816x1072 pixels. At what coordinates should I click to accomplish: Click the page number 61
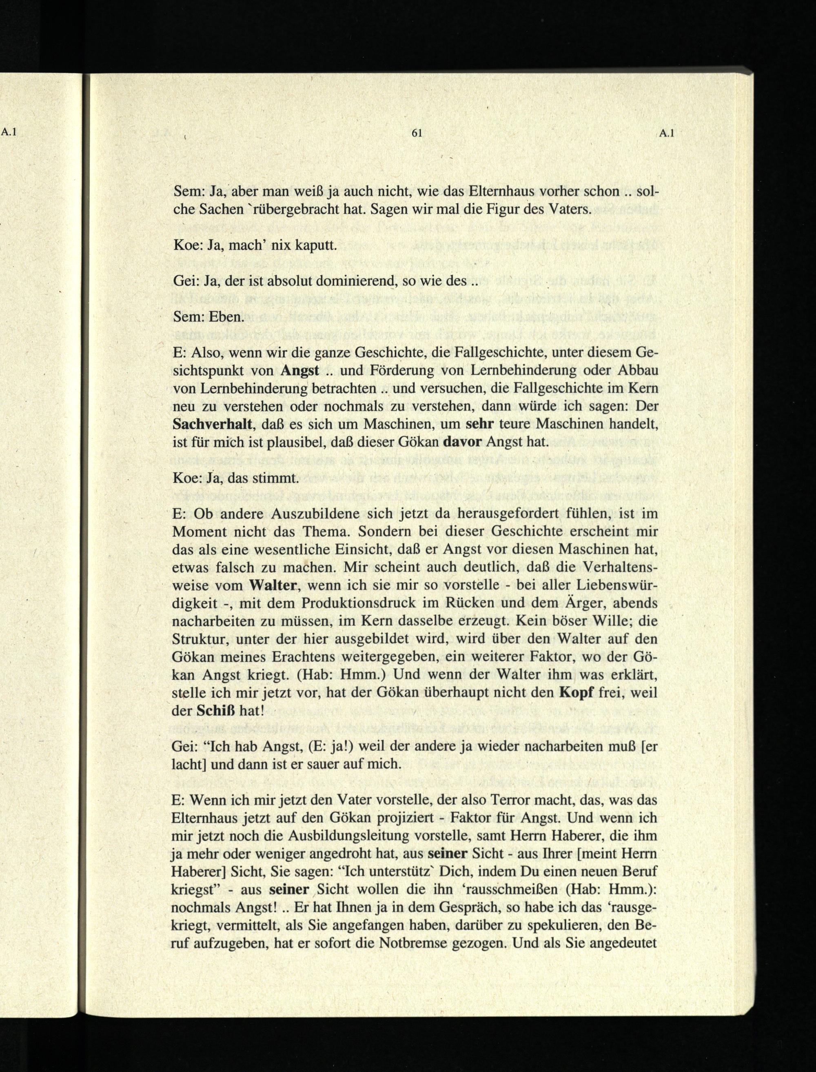point(416,133)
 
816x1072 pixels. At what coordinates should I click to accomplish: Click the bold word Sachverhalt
point(213,424)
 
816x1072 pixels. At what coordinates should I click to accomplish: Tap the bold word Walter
point(273,585)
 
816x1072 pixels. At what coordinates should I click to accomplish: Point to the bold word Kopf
point(577,692)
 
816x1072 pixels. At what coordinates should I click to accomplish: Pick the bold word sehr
point(480,424)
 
